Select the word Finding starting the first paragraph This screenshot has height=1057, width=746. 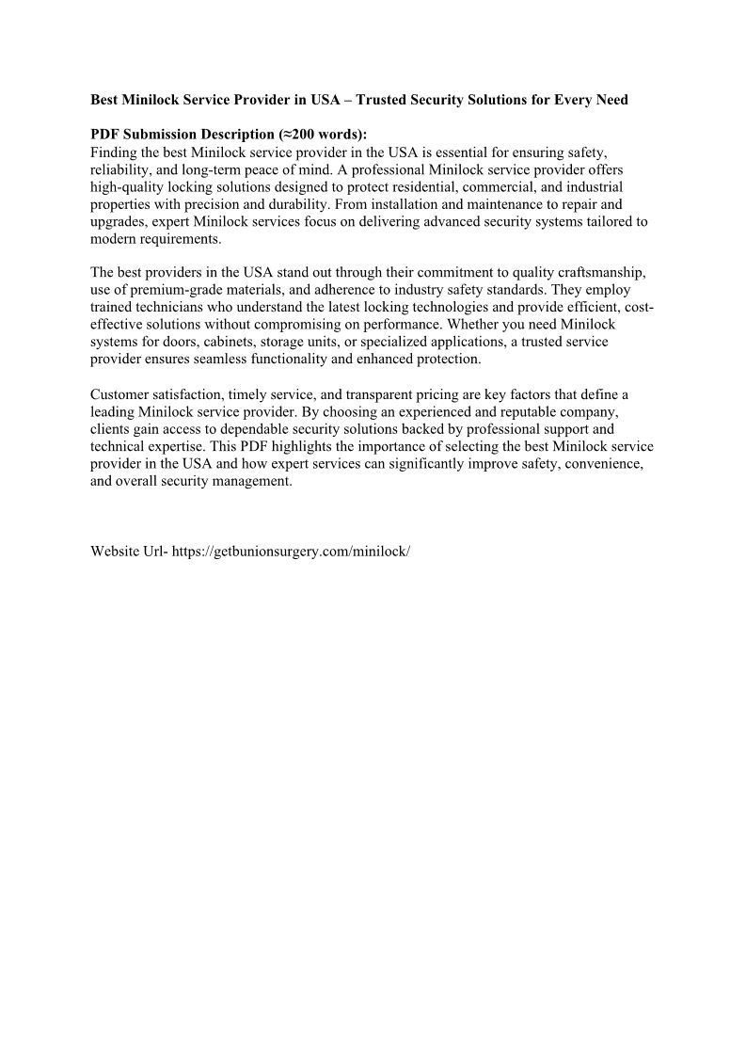coord(114,152)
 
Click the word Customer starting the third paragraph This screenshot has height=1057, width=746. coord(119,394)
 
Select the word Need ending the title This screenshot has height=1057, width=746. coord(610,99)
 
